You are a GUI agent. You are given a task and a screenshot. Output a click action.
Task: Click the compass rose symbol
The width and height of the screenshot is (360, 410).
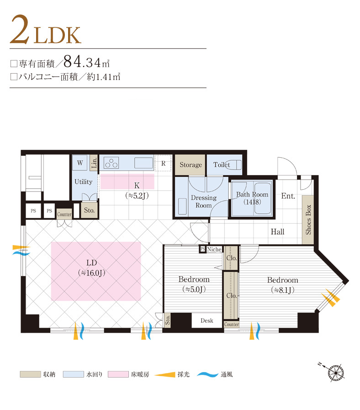pos(335,373)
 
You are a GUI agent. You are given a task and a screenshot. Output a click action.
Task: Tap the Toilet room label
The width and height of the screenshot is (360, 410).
pos(222,165)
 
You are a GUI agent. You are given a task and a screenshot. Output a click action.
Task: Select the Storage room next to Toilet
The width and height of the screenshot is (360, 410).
pos(190,165)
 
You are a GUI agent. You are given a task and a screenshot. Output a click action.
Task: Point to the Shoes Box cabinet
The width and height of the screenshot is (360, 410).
pos(308,219)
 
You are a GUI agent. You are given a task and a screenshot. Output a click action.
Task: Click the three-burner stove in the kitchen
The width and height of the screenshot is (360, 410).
pos(111,163)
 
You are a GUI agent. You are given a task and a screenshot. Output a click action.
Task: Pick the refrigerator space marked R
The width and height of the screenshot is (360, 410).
pos(163,163)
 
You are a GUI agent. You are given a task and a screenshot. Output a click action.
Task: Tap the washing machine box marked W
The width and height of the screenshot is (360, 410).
pos(80,163)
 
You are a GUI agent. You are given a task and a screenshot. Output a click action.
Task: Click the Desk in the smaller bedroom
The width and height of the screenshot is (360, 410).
pos(206,320)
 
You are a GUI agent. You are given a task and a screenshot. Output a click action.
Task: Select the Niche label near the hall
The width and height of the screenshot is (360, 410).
pos(214,249)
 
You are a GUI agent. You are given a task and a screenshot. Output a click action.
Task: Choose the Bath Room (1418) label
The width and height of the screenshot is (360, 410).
pos(252,198)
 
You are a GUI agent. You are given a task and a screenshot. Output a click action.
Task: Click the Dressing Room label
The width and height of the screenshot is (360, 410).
pos(204,201)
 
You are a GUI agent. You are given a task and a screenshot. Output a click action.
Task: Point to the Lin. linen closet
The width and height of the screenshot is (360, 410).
pos(94,163)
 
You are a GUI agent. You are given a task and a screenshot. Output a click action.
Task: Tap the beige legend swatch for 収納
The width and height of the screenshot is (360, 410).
pos(30,374)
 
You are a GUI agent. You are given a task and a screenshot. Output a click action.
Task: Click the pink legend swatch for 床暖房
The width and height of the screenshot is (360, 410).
pos(118,374)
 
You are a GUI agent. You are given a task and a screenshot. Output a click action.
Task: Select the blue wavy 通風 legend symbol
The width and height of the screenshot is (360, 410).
pos(207,374)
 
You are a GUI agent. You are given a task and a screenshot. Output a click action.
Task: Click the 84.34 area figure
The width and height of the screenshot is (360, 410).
pos(82,62)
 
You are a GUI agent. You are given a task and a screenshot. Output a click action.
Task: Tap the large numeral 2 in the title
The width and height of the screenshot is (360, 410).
pos(20,29)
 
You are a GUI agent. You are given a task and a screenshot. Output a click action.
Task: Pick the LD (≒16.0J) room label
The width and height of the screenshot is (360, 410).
pos(91,268)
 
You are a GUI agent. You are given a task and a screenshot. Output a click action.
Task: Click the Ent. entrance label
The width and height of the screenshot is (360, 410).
pos(288,196)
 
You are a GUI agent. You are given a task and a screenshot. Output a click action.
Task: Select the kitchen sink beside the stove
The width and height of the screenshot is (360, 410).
pos(144,163)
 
